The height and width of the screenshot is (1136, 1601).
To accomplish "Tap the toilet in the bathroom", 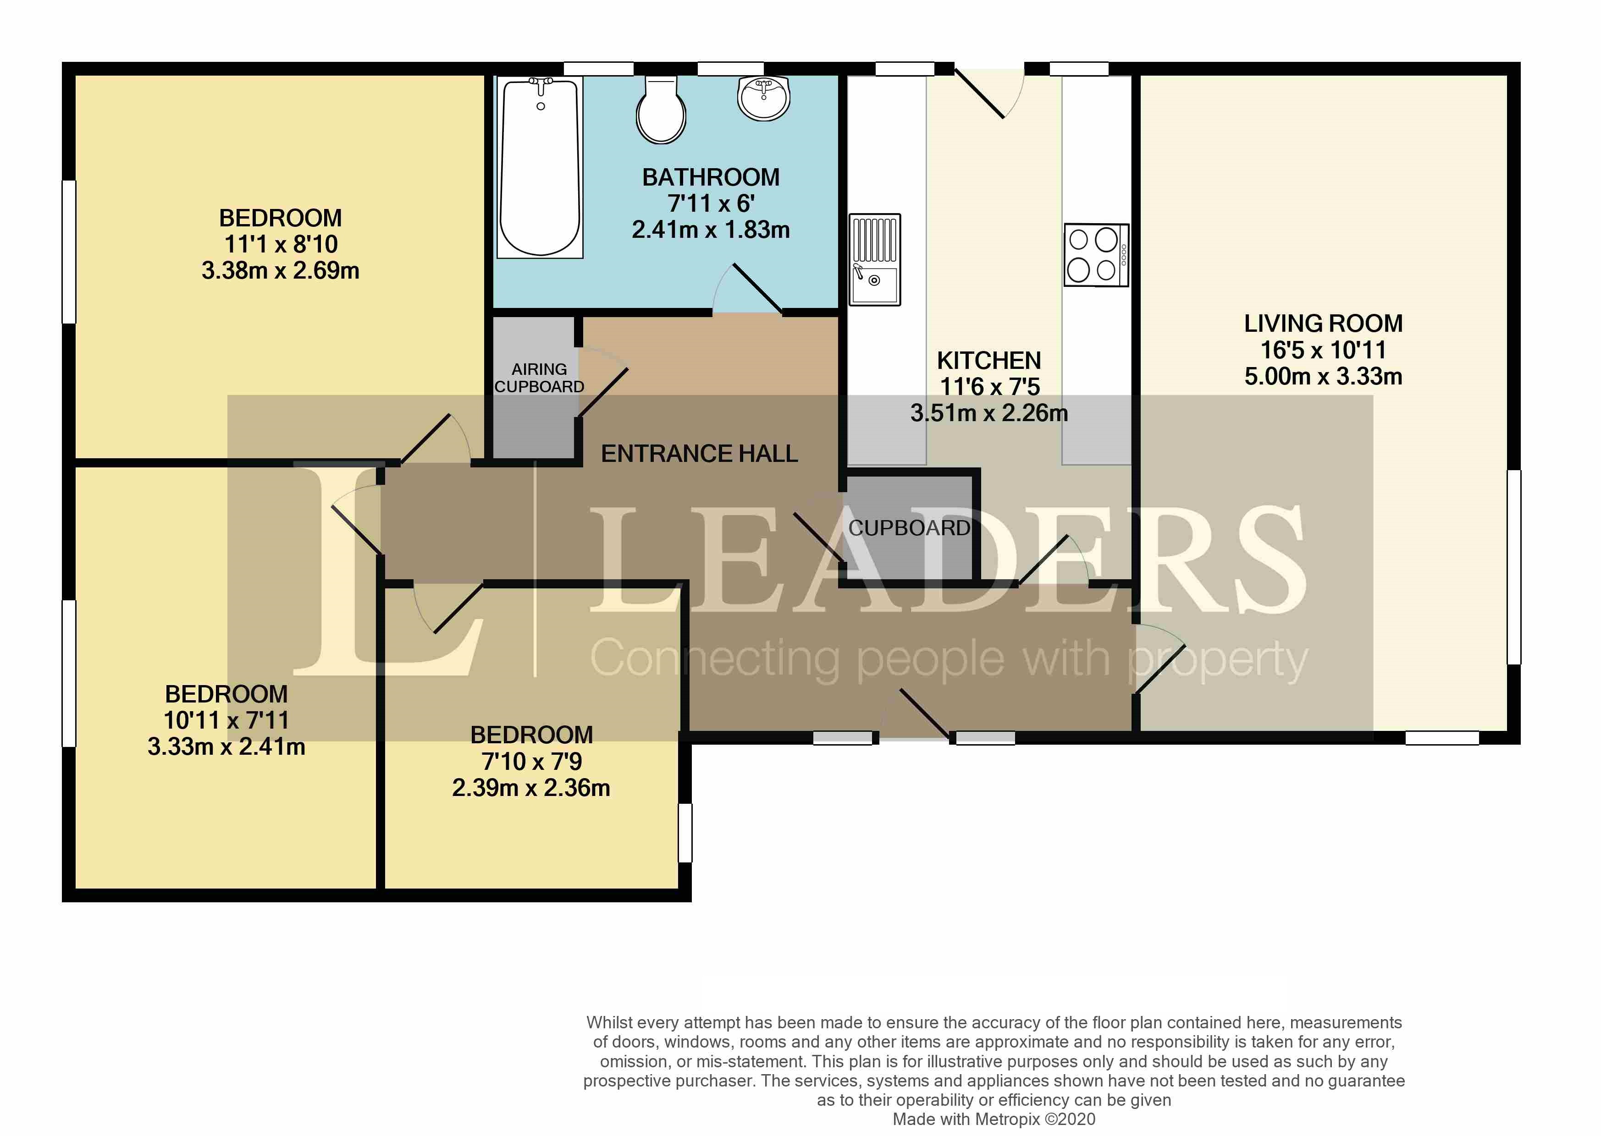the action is click(x=661, y=110).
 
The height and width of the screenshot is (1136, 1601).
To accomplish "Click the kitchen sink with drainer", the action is click(x=875, y=259).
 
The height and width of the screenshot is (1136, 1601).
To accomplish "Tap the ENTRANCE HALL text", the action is click(x=699, y=454).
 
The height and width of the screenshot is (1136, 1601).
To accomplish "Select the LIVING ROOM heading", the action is click(x=1323, y=323).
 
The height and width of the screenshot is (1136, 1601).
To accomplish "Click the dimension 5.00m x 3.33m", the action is click(x=1323, y=376).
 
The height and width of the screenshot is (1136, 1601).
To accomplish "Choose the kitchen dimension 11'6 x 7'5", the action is click(x=989, y=386).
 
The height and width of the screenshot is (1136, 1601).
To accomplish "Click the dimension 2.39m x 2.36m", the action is click(x=531, y=788).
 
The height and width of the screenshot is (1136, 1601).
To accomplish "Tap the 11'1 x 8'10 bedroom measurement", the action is click(x=281, y=244).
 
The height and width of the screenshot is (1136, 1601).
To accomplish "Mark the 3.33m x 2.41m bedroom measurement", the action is click(x=226, y=746).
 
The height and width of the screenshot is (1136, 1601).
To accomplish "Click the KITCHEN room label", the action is click(x=989, y=360).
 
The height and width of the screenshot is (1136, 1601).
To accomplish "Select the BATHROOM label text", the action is click(x=711, y=177).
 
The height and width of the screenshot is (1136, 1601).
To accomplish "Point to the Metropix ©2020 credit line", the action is click(x=994, y=1119).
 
